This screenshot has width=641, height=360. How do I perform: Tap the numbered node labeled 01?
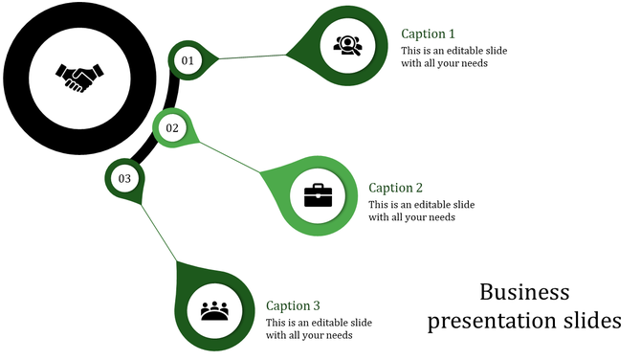coord(188,60)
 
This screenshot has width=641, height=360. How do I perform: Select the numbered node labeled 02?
coord(173,128)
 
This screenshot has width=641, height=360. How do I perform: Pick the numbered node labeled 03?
coord(124,178)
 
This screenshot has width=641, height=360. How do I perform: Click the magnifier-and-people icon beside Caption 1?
coord(345,44)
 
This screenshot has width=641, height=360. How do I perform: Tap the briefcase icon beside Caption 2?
coord(318,195)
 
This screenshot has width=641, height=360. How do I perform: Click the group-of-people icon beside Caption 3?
coord(216,311)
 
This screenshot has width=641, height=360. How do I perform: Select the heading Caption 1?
coord(428,34)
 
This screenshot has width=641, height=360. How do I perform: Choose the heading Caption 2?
coord(395,188)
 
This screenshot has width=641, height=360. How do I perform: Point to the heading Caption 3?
coord(293,305)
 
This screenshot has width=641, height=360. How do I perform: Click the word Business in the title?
coord(524,292)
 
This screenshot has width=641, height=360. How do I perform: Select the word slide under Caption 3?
coord(360,322)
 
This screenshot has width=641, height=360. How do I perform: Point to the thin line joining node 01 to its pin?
coord(254,56)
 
